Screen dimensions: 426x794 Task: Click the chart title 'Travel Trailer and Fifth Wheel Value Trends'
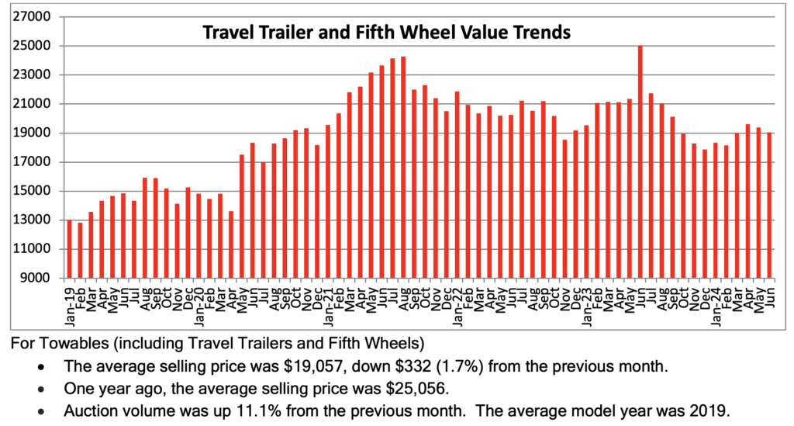tap(386, 33)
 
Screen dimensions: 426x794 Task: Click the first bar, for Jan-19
tap(69, 249)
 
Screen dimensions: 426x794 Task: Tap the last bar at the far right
tap(770, 205)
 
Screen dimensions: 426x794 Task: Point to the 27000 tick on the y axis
tap(34, 16)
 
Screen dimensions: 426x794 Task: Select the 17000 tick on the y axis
tap(34, 162)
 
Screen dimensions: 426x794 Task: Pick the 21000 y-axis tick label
tap(34, 104)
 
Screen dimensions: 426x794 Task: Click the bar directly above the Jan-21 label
tap(329, 201)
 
